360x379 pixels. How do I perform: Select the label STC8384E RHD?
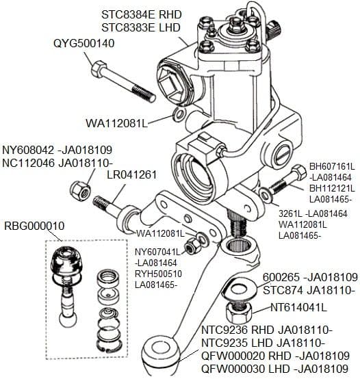(x=143, y=14)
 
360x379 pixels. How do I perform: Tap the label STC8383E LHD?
(x=142, y=27)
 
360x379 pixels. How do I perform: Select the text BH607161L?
(x=332, y=166)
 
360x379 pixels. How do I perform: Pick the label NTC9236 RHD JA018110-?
(x=262, y=329)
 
